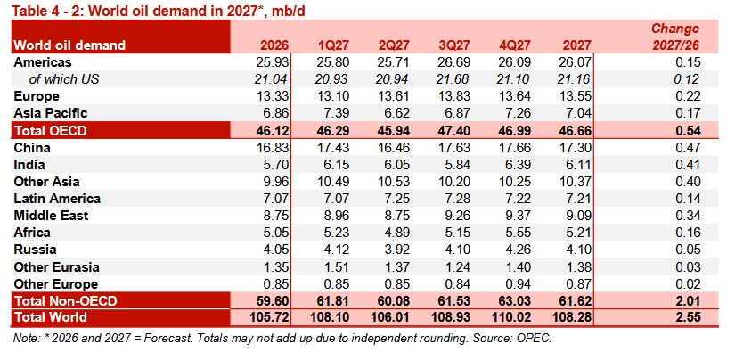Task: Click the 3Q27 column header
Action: click(453, 45)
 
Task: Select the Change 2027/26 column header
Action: click(675, 37)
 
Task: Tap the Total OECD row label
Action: click(50, 131)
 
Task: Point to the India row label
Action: click(29, 165)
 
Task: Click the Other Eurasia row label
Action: click(57, 267)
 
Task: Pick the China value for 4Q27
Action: click(515, 148)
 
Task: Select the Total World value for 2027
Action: click(571, 317)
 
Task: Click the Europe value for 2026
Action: click(273, 96)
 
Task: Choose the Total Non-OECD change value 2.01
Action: click(687, 300)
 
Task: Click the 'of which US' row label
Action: click(64, 79)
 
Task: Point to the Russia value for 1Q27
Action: click(336, 250)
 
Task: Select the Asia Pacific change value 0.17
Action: click(687, 113)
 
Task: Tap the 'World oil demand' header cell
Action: click(69, 45)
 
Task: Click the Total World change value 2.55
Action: click(687, 317)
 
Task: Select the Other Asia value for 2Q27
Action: click(393, 182)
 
